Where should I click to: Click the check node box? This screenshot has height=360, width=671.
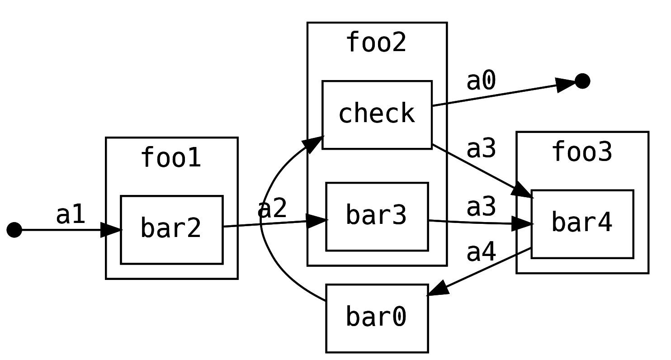(377, 114)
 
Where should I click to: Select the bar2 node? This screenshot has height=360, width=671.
(171, 229)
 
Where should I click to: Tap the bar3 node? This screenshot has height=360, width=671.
(377, 216)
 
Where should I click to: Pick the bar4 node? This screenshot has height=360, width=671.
(582, 224)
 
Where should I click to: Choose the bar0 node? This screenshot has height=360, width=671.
(377, 318)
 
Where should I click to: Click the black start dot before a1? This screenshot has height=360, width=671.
(14, 230)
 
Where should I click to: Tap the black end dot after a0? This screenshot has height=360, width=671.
(582, 81)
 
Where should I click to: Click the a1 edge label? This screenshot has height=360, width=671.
(71, 215)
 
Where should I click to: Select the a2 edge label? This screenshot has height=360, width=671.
(272, 209)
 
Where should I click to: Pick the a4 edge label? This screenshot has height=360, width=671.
(481, 253)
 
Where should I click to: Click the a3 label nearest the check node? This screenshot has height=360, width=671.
(481, 149)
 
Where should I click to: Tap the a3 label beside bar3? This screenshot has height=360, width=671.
(481, 207)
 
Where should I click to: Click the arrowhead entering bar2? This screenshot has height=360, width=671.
(111, 230)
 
